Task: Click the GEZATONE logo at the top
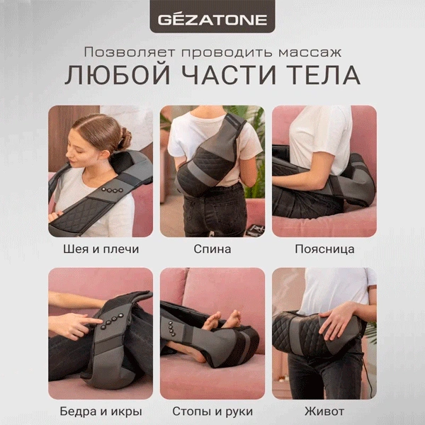pyautogui.click(x=212, y=20)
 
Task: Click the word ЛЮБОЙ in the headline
pyautogui.click(x=118, y=75)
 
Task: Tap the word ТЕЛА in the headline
pyautogui.click(x=323, y=75)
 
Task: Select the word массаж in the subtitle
pyautogui.click(x=310, y=52)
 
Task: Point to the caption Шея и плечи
pyautogui.click(x=101, y=249)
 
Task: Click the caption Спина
pyautogui.click(x=212, y=249)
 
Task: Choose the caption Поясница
pyautogui.click(x=324, y=249)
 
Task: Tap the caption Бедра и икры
pyautogui.click(x=101, y=412)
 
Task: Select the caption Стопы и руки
pyautogui.click(x=212, y=412)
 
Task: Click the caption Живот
pyautogui.click(x=324, y=412)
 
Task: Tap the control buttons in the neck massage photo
pyautogui.click(x=112, y=190)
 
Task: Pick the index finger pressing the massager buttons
pyautogui.click(x=91, y=321)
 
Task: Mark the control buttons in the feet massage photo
pyautogui.click(x=171, y=329)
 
